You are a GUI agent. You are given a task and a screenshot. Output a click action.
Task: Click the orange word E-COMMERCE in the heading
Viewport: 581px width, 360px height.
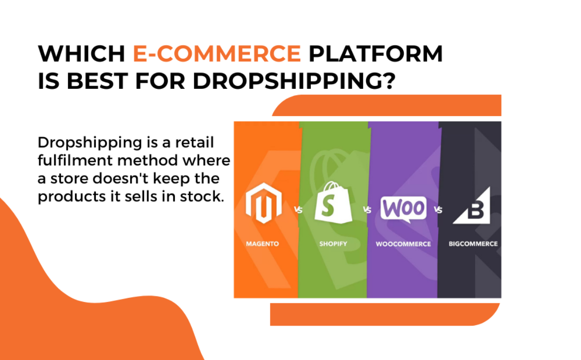[217, 53]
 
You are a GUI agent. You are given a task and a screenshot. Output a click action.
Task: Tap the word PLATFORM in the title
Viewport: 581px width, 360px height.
[376, 53]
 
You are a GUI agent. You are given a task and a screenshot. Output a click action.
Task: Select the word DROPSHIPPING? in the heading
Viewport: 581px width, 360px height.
[294, 81]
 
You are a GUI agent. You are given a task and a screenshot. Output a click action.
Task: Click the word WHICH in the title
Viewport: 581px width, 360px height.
[81, 53]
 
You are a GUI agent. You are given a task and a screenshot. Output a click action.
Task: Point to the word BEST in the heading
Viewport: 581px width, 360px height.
[97, 81]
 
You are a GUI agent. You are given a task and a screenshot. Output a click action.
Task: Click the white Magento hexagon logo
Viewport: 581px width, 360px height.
[264, 203]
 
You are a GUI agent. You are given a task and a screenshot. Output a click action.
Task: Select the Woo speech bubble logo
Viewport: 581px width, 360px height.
[404, 209]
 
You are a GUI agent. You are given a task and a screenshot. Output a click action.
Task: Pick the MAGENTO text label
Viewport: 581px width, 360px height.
[262, 244]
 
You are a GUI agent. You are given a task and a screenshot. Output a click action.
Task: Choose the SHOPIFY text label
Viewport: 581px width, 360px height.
[333, 244]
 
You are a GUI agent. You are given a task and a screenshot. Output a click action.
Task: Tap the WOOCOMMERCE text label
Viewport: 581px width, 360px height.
[403, 244]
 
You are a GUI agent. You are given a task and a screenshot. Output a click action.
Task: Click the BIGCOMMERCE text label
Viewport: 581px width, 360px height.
[473, 244]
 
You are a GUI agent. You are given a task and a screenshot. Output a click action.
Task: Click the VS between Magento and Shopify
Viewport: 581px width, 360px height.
[298, 210]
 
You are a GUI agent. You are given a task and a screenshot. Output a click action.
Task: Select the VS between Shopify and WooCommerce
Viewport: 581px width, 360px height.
[367, 210]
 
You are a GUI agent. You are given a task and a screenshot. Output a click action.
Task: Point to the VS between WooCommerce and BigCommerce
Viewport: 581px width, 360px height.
[438, 210]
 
